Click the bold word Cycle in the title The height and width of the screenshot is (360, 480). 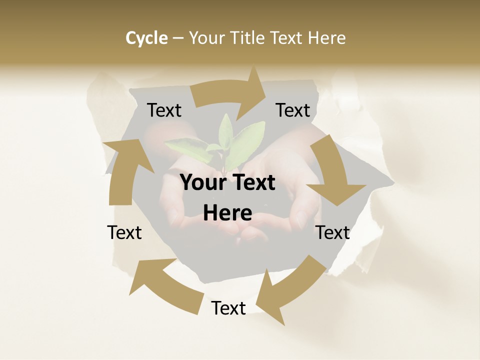[146, 38]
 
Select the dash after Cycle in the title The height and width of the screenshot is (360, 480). [177, 38]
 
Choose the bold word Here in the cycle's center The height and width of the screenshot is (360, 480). [227, 213]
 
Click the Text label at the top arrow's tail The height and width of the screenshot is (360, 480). [164, 110]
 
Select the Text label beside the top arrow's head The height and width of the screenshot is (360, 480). [293, 110]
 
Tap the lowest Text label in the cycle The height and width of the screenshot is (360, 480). [228, 308]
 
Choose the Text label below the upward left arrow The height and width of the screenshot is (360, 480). [124, 232]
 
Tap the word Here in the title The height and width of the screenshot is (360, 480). [326, 38]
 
